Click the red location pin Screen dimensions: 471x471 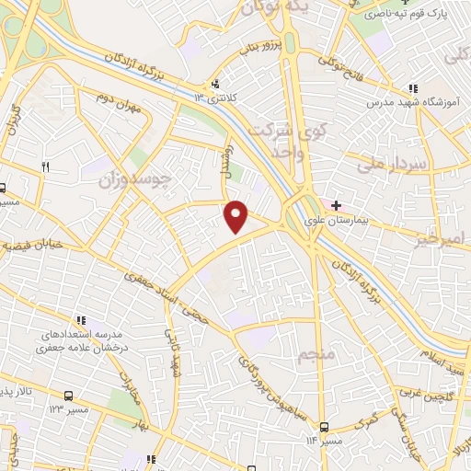237,216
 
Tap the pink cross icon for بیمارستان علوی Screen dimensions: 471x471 337,204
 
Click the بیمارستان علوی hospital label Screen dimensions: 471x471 374,213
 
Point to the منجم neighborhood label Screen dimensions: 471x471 315,354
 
